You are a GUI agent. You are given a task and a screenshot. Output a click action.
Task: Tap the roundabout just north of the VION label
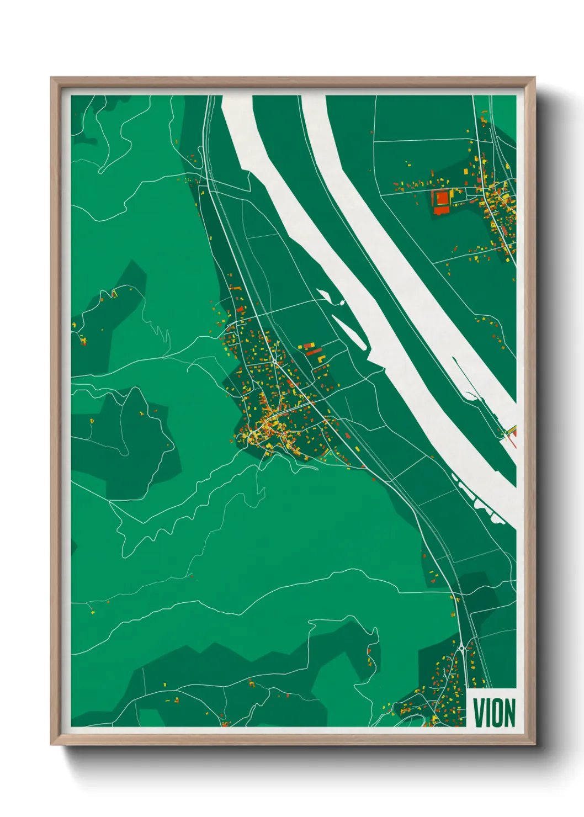coord(461,647)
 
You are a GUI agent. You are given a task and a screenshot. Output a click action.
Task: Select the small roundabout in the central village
coord(274,360)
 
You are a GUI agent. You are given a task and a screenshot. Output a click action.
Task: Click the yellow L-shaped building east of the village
coord(320,357)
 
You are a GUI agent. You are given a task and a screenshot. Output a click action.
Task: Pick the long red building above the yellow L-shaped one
coord(314,351)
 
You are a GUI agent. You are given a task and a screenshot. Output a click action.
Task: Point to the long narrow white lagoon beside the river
coord(349,332)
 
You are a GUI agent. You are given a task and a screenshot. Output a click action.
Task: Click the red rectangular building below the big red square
coord(439,211)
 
